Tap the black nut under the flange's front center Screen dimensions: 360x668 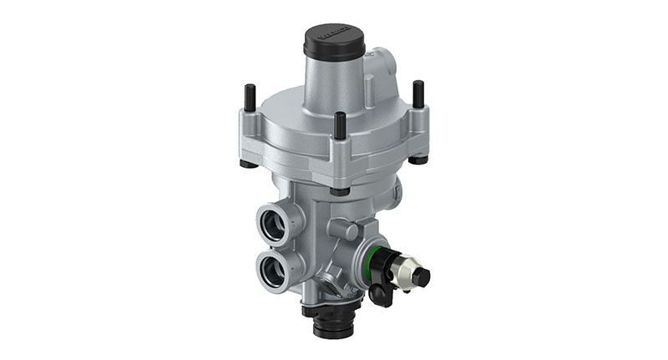pyautogui.click(x=339, y=190)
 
